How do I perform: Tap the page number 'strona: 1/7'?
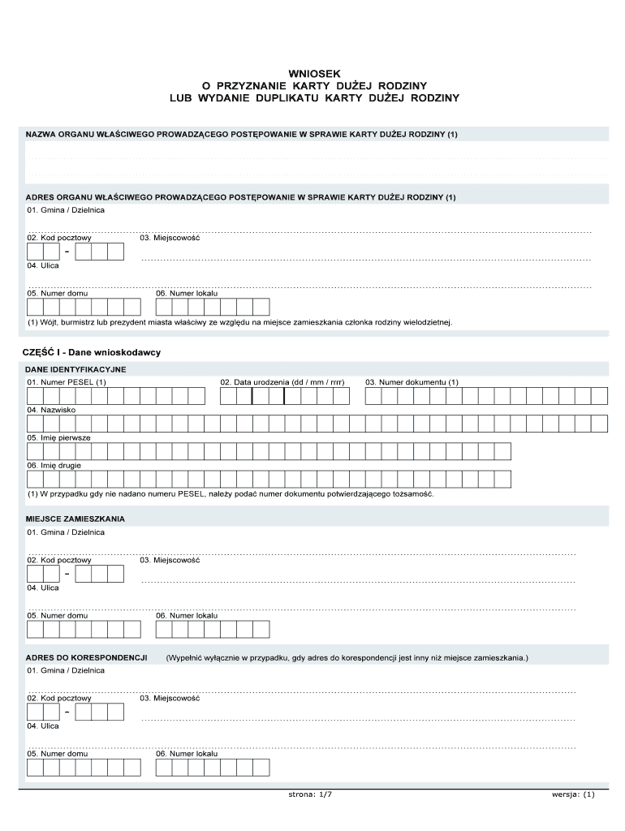[310, 794]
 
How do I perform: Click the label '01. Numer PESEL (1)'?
[67, 382]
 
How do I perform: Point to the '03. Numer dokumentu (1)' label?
[412, 382]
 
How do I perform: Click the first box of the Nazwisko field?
[35, 424]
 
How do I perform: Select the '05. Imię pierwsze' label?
[58, 437]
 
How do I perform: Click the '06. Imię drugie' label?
[54, 466]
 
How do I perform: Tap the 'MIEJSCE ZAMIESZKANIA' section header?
[75, 518]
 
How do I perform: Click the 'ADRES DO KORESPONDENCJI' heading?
[86, 657]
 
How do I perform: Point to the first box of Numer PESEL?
[35, 396]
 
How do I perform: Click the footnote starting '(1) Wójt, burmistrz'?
[239, 322]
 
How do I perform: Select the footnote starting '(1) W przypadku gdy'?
[231, 493]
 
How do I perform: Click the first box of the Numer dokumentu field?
[373, 396]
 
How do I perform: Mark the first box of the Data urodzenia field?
[228, 396]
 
